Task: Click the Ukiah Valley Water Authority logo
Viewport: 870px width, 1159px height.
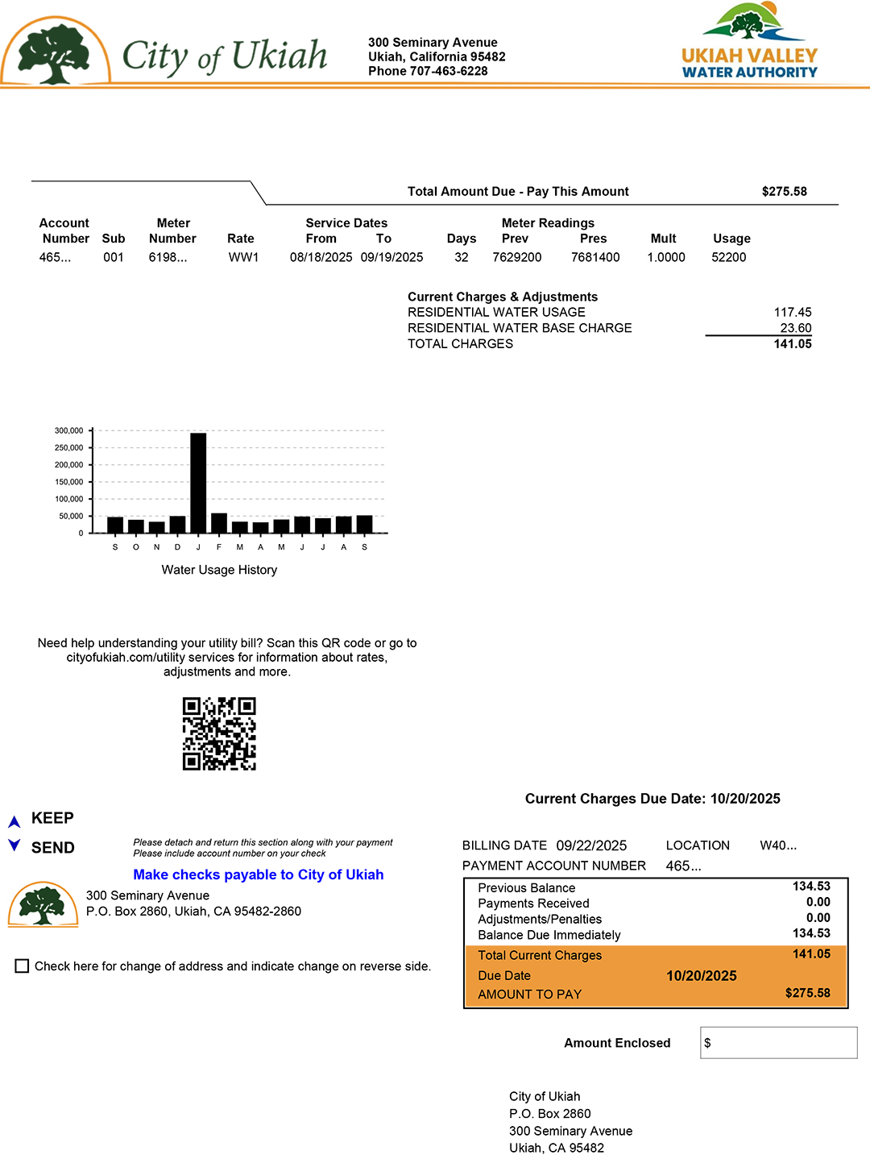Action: [749, 42]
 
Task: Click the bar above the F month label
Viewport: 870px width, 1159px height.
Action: [219, 522]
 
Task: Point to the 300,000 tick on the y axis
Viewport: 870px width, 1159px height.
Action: [69, 430]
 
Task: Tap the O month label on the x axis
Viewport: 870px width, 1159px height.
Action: [136, 547]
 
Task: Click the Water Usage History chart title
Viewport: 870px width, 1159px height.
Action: [219, 570]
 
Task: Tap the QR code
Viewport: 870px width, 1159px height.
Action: [219, 733]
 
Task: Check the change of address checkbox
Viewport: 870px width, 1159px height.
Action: [23, 966]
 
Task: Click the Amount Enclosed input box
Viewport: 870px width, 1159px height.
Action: [778, 1042]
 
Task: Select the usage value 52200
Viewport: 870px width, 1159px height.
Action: [729, 257]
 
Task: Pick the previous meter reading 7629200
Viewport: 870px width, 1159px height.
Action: [517, 257]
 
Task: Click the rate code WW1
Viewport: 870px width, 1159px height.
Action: [243, 257]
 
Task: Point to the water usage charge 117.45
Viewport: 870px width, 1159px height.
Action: [793, 312]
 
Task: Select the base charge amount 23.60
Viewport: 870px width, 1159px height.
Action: [795, 328]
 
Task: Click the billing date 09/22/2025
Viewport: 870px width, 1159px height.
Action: [591, 845]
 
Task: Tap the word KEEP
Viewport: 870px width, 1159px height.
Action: [52, 818]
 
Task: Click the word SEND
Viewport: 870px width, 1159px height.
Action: [52, 848]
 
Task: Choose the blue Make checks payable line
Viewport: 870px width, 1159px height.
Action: [258, 874]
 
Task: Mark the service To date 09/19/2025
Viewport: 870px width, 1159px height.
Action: [391, 257]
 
